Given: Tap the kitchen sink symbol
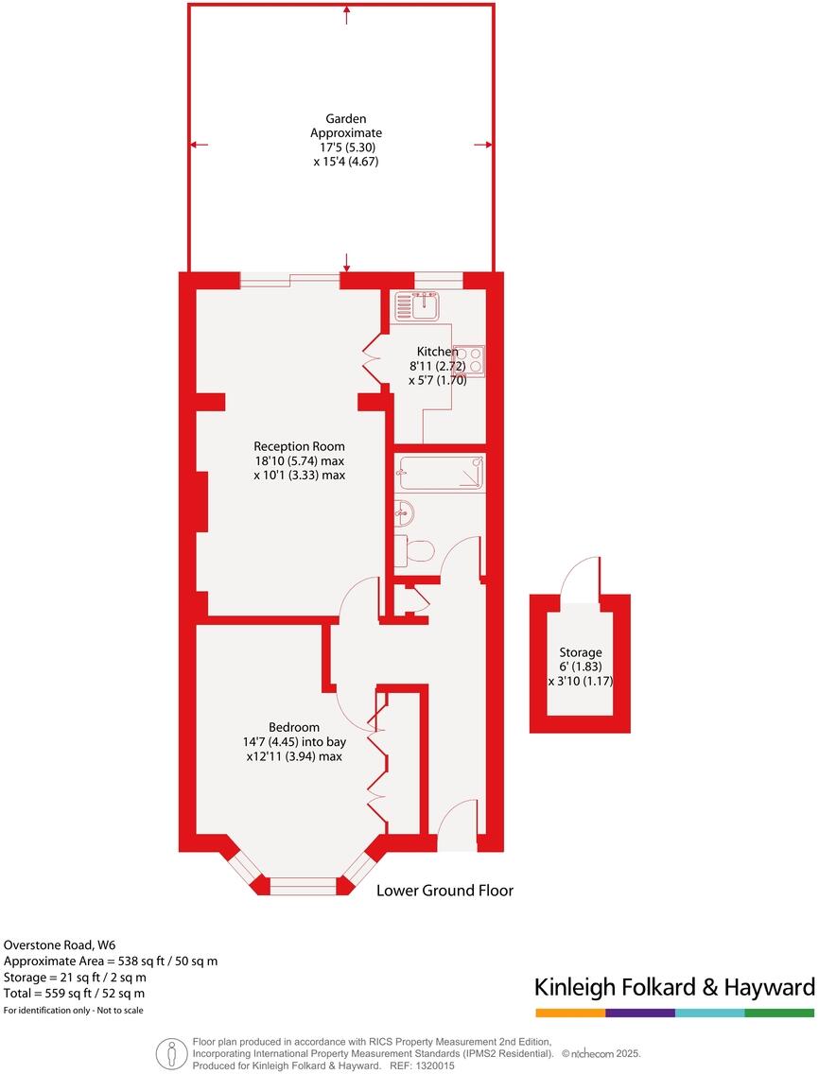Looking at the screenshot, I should point(417,304).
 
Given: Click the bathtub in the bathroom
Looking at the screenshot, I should point(441,473).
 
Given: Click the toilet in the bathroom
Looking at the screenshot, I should point(415,549).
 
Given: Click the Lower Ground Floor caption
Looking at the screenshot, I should point(444,891).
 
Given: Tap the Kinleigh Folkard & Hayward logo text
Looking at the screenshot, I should point(674,988).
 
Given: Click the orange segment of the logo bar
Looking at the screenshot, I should point(569,1013).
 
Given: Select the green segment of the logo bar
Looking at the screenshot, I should point(779,1013).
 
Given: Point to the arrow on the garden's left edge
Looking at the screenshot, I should point(198,145).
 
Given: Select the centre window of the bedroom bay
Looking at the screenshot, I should point(303,886).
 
